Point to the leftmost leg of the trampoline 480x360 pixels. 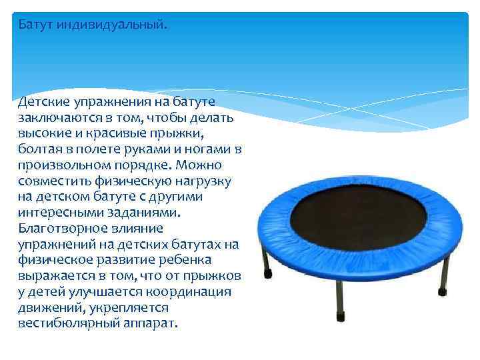pos(267,260)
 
